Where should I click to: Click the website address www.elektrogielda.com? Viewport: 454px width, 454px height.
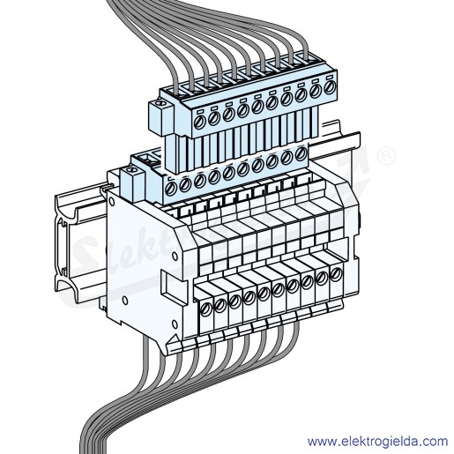(x=377, y=442)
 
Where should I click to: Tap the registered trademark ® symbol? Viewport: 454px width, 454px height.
(x=386, y=156)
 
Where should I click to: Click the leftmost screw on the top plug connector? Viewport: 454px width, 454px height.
(x=199, y=122)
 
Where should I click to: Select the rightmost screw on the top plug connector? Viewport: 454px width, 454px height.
(x=330, y=87)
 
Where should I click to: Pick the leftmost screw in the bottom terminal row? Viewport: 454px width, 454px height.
(x=205, y=309)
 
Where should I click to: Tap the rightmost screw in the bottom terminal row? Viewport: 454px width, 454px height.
(x=336, y=274)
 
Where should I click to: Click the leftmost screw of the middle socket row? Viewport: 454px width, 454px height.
(x=170, y=189)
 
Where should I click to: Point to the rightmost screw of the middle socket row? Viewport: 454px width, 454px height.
(x=301, y=153)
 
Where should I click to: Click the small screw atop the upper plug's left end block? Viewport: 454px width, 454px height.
(x=160, y=103)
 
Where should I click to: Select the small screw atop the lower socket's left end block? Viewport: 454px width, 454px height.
(x=130, y=170)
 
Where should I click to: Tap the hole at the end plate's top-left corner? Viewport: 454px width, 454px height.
(x=111, y=202)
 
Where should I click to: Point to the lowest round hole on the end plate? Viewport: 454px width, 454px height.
(x=175, y=324)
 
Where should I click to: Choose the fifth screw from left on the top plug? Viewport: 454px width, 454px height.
(x=257, y=107)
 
